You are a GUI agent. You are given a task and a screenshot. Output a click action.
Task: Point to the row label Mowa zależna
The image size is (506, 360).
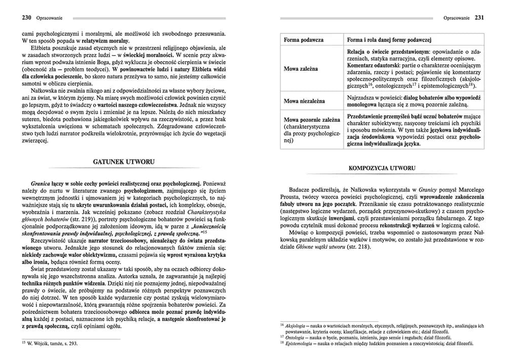point(298,69)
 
